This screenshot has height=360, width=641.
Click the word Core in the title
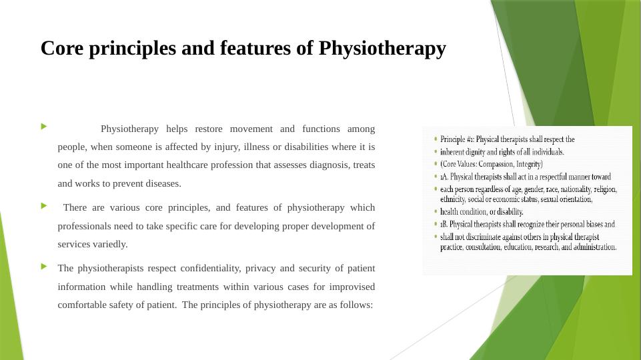click(x=60, y=49)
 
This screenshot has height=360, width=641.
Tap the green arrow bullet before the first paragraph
click(x=44, y=126)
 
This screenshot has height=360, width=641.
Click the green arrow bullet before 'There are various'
click(x=44, y=205)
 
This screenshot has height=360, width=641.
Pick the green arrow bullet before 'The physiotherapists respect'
click(x=44, y=266)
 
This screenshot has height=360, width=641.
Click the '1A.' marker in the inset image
click(x=444, y=177)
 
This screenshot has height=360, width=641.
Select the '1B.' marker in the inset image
click(x=444, y=225)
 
